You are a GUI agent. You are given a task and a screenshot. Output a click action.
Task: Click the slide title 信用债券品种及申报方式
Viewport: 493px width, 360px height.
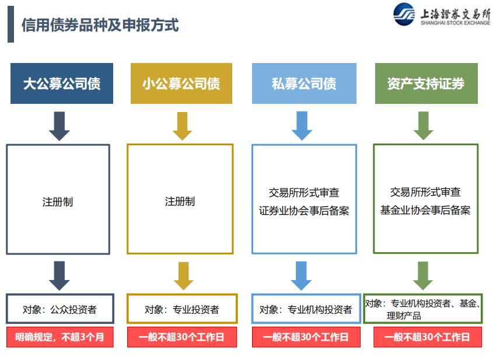(x=100, y=25)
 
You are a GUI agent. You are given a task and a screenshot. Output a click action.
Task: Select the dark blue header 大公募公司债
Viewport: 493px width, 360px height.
(x=61, y=83)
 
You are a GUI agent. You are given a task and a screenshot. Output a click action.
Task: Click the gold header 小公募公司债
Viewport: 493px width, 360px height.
(x=181, y=83)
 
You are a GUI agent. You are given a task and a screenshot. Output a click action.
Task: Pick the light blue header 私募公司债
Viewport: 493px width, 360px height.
(x=303, y=83)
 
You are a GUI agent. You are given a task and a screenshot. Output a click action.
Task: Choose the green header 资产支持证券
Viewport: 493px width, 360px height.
(x=425, y=83)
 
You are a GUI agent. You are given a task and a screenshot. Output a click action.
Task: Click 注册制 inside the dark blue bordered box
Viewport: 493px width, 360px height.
(x=58, y=202)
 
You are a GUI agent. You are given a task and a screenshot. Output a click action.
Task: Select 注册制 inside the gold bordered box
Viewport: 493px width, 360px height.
(x=180, y=201)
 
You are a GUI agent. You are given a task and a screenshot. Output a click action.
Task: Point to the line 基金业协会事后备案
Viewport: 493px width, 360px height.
(x=425, y=210)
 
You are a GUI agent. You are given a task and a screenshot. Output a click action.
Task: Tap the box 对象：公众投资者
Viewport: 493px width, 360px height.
(x=60, y=309)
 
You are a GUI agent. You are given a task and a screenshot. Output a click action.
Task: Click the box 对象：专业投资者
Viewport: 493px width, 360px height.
(x=182, y=309)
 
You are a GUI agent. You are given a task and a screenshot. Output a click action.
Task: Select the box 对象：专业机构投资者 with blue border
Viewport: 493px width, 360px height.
(x=303, y=309)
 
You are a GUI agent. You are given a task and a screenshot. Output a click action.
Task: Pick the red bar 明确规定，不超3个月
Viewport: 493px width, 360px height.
(x=60, y=337)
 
